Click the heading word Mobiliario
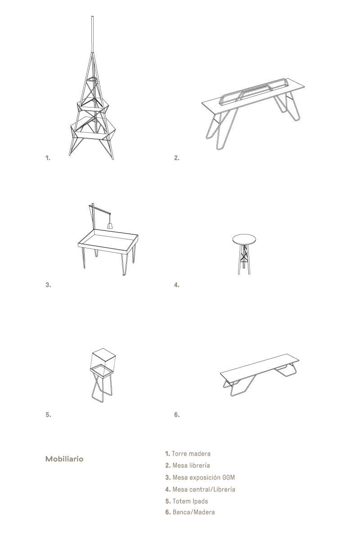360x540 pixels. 64,459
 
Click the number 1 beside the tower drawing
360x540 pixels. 48,158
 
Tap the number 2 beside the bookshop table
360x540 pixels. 177,158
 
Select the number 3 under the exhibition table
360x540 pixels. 48,285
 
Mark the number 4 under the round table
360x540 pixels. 177,285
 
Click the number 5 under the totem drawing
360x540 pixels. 48,414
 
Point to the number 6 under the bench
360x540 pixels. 177,414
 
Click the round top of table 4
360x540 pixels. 244,239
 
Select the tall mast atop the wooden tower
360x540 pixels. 92,34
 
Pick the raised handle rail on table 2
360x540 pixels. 254,90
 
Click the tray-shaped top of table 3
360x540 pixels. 108,241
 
